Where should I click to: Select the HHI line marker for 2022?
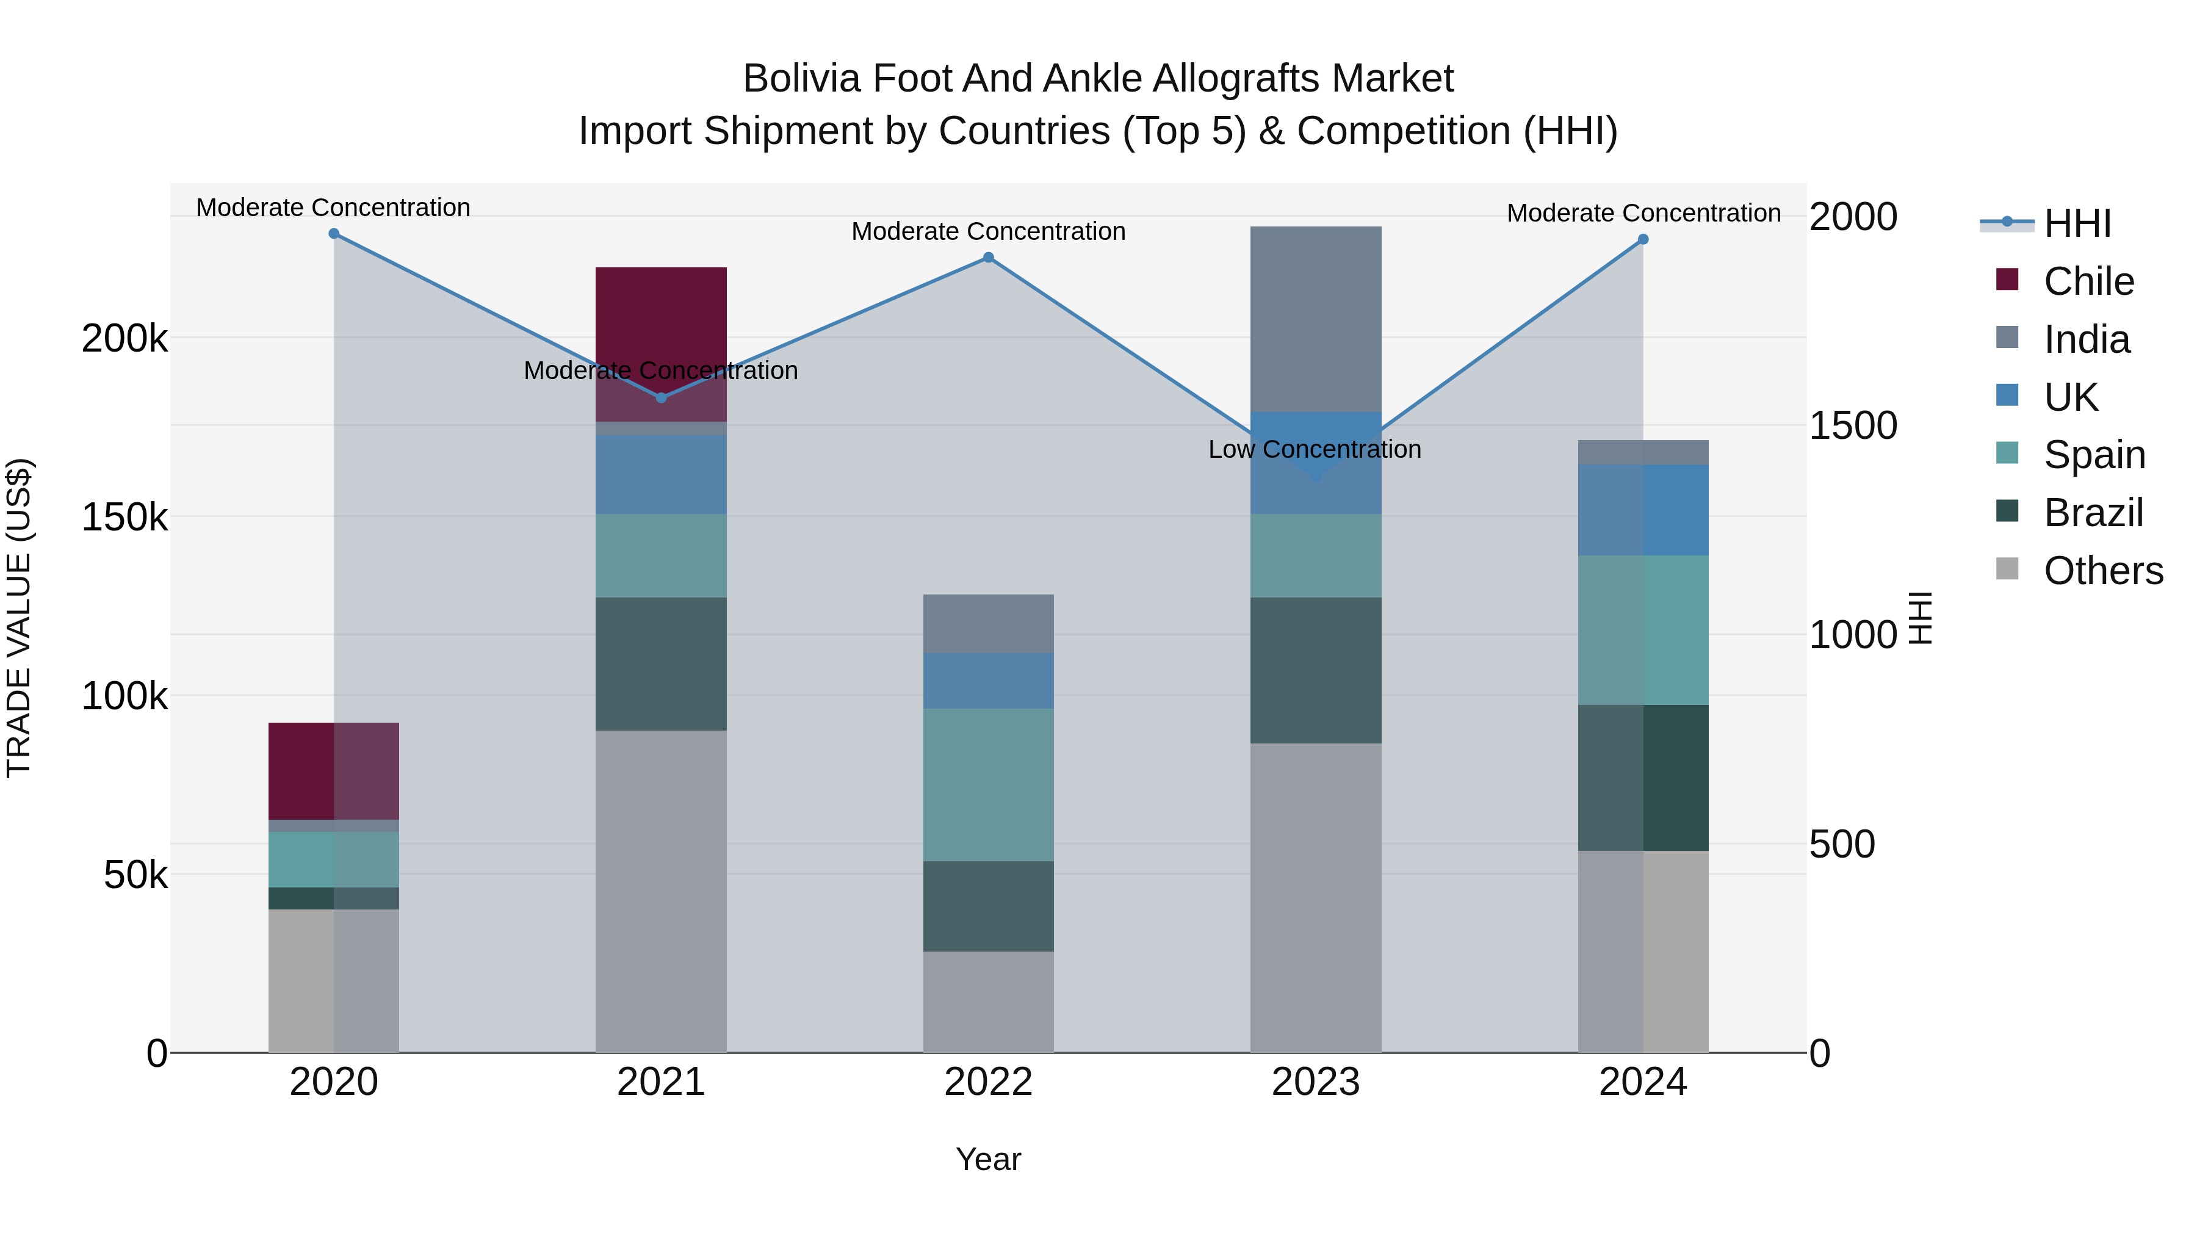coord(989,258)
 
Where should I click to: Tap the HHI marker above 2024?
coord(1643,240)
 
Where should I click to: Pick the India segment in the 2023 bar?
coord(1316,319)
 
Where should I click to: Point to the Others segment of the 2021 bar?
coord(661,891)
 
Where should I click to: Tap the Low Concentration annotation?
coord(1315,449)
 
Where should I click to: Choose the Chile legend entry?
coord(2088,281)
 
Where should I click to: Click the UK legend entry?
coord(2070,397)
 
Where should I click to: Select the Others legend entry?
coord(2102,571)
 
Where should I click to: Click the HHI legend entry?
coord(2077,223)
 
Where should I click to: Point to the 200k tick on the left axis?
coord(124,339)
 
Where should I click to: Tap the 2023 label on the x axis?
coord(1315,1082)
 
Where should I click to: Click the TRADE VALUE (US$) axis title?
coord(19,618)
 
